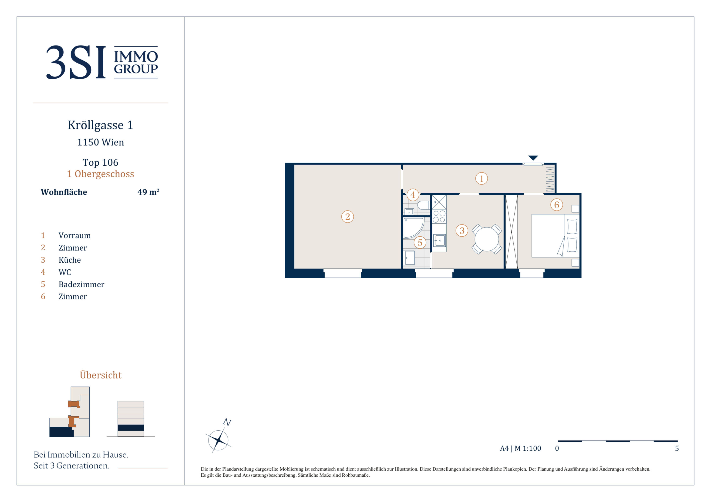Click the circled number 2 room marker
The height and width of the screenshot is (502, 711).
347,217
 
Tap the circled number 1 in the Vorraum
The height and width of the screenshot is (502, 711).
482,178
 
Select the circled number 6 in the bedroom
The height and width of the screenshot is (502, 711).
556,205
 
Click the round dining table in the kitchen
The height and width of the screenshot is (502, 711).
487,239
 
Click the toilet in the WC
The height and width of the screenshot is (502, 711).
423,205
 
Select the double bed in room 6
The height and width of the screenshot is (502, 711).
556,236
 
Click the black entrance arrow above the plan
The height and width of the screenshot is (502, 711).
533,158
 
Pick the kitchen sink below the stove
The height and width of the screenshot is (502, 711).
439,240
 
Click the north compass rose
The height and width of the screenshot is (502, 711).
218,439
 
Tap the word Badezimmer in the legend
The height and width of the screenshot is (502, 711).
81,284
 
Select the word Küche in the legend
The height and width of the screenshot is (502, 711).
70,260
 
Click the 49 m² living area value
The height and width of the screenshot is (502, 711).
148,192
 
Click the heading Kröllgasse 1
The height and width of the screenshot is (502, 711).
100,125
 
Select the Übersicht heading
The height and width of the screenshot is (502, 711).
101,375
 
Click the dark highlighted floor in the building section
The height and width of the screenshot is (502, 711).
131,428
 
